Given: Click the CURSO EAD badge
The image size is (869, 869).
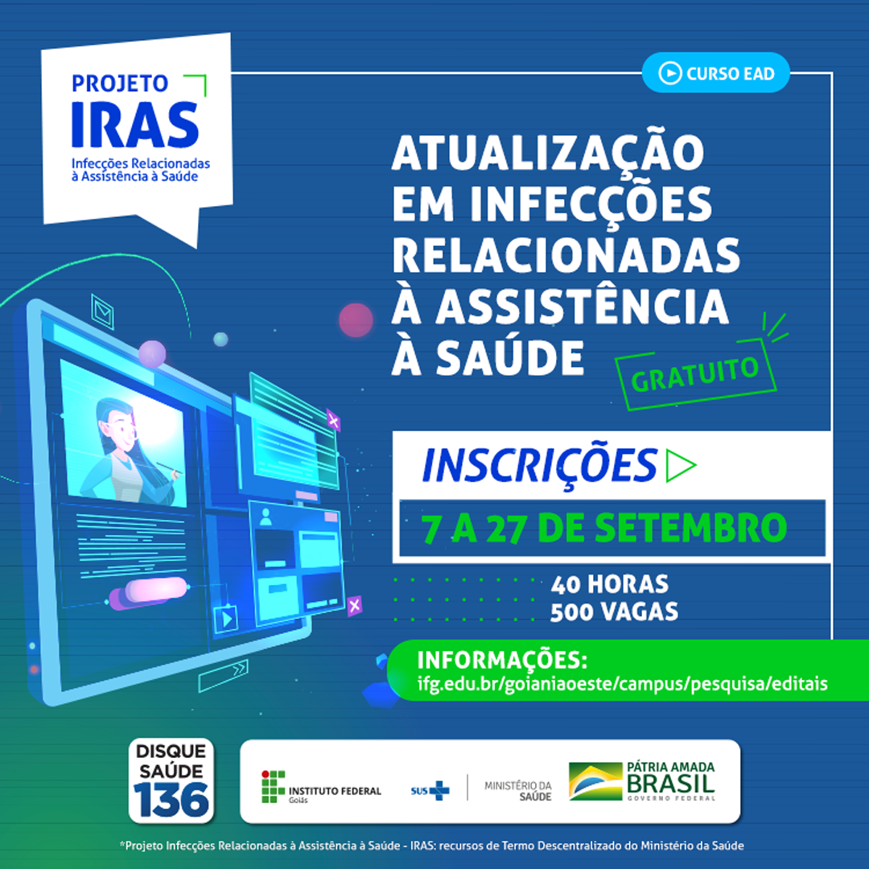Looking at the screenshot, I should point(715,73).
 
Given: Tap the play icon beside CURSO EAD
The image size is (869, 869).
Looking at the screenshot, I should point(669,73).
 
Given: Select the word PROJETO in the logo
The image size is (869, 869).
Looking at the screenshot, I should point(120,83).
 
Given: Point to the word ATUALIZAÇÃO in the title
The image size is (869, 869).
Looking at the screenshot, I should point(547,153).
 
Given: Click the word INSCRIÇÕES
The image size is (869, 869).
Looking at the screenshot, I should point(538,465).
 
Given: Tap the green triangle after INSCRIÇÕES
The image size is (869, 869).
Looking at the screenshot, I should point(680,466).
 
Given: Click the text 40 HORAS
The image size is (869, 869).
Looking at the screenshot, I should point(609,583).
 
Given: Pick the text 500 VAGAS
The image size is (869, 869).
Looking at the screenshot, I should point(614,612).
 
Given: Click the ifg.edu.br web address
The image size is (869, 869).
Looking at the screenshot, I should point(622,684).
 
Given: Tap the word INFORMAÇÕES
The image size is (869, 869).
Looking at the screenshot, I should point(502,661).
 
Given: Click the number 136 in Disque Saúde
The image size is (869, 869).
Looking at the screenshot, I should point(171,798).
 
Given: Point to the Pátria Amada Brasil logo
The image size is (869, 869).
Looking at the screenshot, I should point(641,781).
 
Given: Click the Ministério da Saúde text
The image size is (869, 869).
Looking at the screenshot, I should point(518,790).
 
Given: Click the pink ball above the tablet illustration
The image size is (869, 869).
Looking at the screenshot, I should point(356,320).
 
